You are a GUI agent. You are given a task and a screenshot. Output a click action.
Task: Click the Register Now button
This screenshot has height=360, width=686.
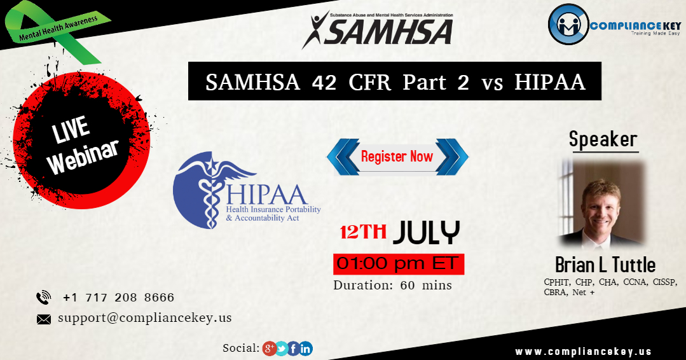point(397,156)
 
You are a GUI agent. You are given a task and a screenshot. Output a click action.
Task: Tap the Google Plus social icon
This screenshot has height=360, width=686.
point(269,348)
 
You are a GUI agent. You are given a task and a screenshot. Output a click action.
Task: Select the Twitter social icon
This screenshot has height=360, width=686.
point(282,348)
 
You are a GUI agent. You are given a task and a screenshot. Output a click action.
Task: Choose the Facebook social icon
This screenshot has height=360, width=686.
point(294,348)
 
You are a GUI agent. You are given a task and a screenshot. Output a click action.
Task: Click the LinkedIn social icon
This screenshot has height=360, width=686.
point(306,348)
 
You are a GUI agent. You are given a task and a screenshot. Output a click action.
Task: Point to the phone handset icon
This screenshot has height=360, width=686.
point(44,298)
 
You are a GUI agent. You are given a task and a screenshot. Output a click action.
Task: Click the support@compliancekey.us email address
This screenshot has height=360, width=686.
point(144,317)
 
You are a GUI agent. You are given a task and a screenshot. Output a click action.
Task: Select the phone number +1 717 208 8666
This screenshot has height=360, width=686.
point(118,298)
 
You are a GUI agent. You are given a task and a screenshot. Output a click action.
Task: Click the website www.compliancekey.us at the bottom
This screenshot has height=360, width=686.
point(583,352)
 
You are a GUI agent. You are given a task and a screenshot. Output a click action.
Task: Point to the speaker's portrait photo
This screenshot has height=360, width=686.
point(601,204)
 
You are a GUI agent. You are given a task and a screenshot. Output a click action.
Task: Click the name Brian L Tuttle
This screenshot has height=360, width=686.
point(605,264)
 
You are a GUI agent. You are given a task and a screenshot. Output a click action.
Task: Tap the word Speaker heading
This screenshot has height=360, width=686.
point(603,139)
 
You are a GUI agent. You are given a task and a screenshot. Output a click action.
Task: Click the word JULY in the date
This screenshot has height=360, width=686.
point(426,233)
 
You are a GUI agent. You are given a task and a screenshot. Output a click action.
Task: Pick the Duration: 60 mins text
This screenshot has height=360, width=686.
point(392,285)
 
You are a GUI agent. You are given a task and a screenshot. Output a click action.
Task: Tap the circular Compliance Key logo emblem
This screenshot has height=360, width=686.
point(568,25)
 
